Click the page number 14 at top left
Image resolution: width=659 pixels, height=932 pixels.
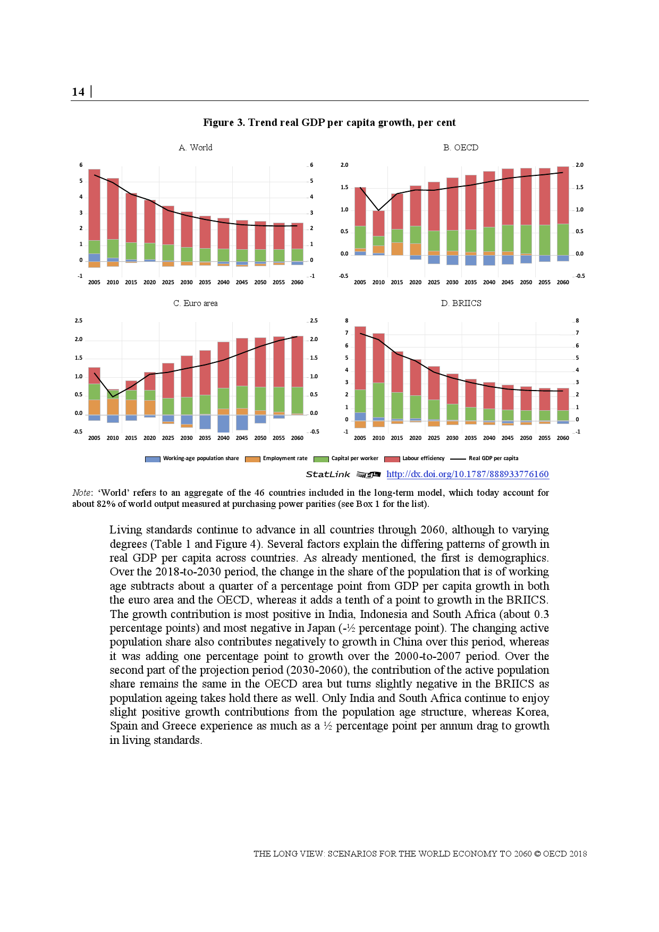tap(78, 92)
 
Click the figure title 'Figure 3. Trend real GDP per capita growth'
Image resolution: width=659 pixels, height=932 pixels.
tap(329, 123)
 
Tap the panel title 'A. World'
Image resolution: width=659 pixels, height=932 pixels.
tap(196, 148)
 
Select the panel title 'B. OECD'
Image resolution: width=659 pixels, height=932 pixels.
tap(461, 148)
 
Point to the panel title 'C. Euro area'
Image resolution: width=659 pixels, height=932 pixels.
tap(195, 303)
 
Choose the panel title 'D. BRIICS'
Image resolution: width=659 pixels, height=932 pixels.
tap(461, 303)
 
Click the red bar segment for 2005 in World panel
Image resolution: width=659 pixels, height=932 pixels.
tap(94, 205)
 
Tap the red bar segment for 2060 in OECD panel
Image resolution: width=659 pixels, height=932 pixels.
tap(563, 195)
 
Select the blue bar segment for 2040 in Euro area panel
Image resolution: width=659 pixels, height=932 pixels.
tap(223, 423)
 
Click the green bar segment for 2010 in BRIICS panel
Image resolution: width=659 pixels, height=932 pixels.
tap(378, 400)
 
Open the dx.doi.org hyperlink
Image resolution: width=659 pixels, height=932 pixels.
tap(467, 474)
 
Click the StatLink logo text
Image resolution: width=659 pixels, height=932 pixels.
tap(328, 475)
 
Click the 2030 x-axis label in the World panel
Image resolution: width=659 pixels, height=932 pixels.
tap(187, 283)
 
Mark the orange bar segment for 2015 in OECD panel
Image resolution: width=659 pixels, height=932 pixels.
tap(397, 249)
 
